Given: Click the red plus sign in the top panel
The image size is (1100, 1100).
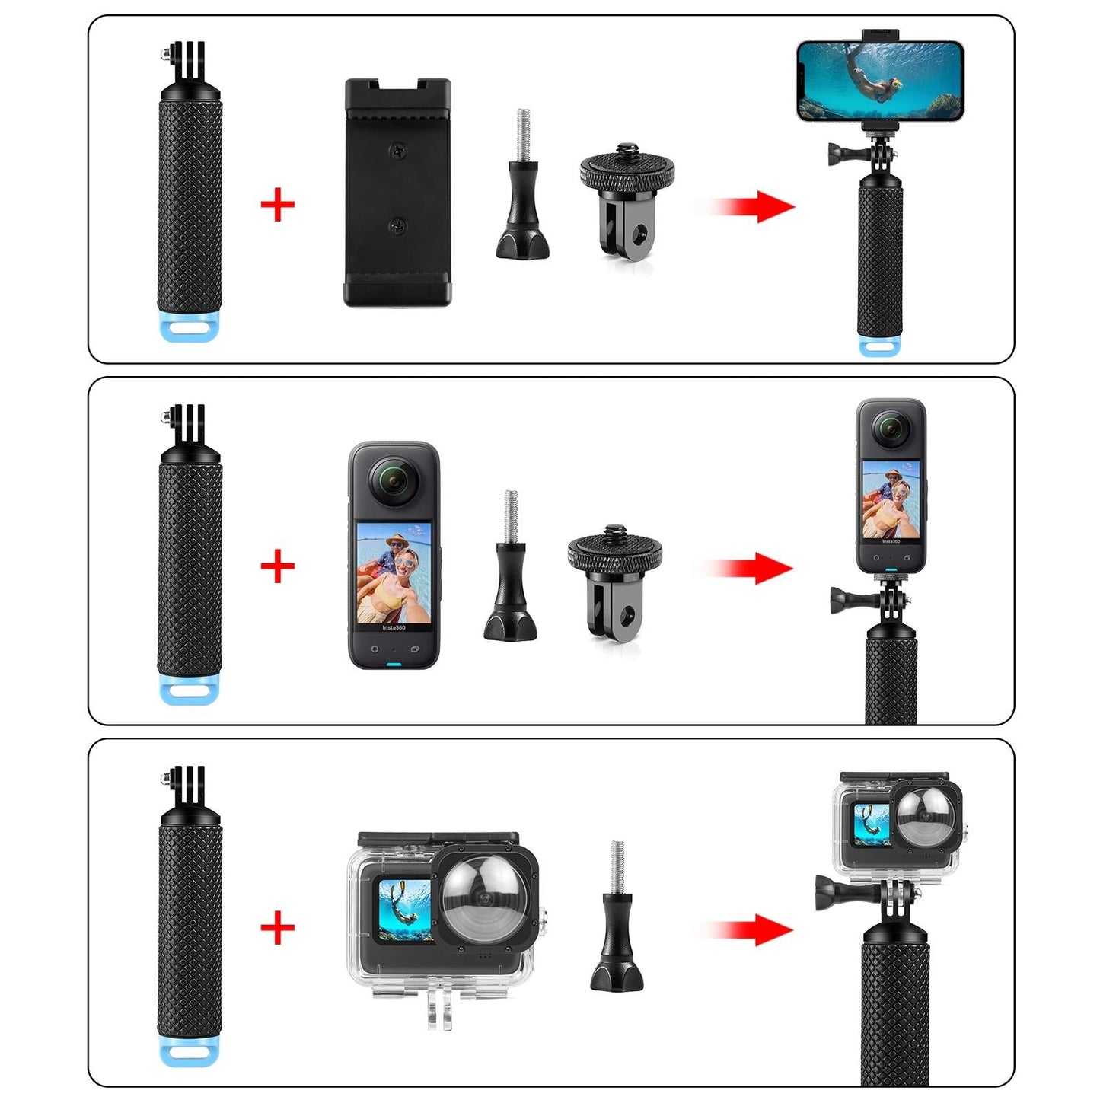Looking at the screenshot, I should [x=277, y=206].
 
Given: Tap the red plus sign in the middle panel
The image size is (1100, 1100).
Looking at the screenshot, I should [x=277, y=566].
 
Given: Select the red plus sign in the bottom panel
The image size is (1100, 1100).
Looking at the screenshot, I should [x=277, y=927].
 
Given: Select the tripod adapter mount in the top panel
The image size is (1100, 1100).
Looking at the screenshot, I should [x=627, y=199].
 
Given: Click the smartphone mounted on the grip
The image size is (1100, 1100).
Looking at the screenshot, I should [x=880, y=81].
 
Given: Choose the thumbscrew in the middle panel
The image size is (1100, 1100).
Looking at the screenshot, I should [x=511, y=571].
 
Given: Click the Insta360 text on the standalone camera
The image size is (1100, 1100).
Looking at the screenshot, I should [x=394, y=627].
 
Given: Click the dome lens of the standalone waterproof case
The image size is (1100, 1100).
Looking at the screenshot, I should [x=485, y=898].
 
